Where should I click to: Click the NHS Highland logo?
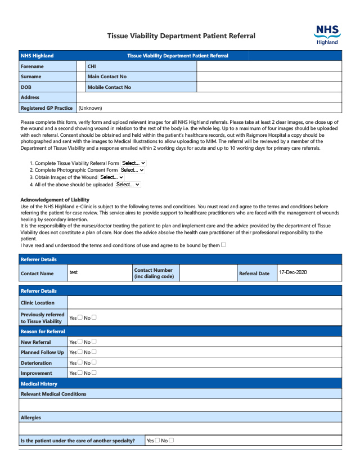(327, 34)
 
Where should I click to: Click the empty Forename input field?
(81, 66)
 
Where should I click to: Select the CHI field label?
(92, 66)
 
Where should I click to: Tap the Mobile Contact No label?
(109, 87)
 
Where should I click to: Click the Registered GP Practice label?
(47, 108)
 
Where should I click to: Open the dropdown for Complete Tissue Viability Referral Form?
(134, 163)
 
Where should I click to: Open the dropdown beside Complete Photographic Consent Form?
(132, 170)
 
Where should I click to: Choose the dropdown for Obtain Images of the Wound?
(112, 177)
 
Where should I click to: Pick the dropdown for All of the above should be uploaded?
(128, 185)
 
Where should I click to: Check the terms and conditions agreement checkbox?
(223, 245)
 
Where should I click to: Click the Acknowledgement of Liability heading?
(55, 200)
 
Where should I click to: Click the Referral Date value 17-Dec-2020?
(292, 272)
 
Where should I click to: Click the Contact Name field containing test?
(99, 272)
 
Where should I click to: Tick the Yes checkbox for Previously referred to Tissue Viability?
(80, 317)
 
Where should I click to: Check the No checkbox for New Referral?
(94, 341)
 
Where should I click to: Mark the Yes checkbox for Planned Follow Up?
(80, 352)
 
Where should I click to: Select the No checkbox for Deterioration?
(94, 362)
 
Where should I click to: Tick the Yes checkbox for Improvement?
(80, 373)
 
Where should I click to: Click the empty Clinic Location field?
(204, 302)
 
